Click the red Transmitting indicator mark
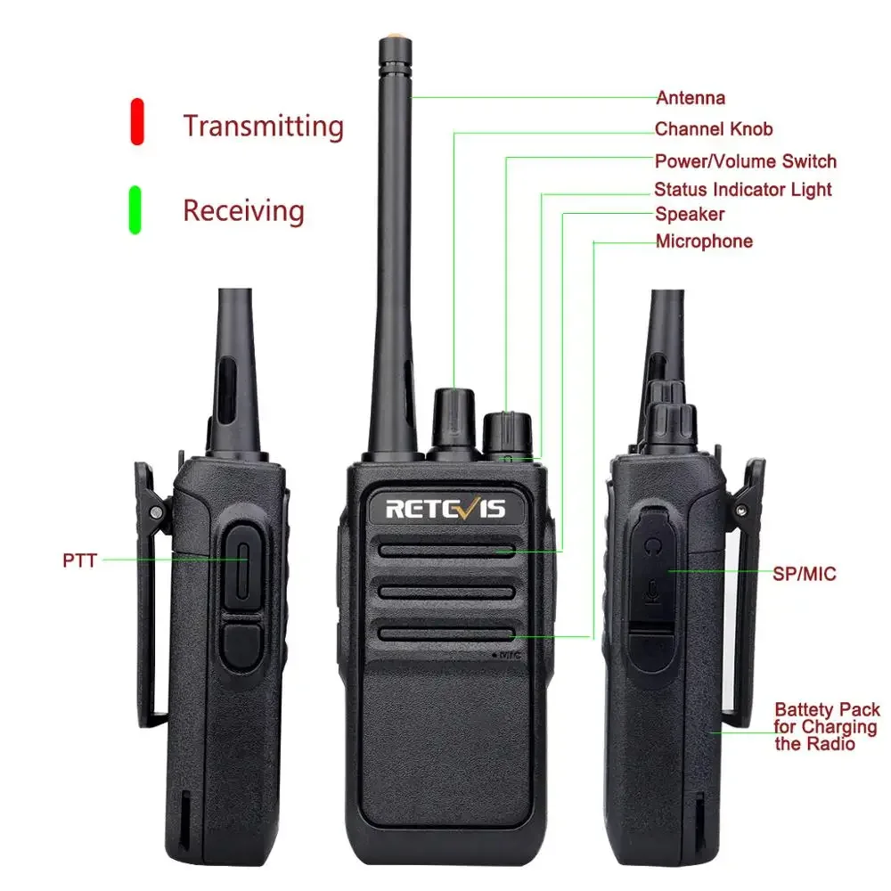(137, 121)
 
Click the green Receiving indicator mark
(135, 209)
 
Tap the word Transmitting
(263, 126)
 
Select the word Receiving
(243, 211)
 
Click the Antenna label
(691, 98)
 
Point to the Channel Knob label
(714, 129)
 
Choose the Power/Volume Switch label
(746, 161)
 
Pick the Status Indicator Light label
(742, 190)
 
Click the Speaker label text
(690, 214)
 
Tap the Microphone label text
(704, 241)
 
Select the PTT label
(79, 560)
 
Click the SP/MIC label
(805, 574)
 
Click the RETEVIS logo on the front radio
(445, 509)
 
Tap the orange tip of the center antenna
(391, 40)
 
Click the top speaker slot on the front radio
(445, 551)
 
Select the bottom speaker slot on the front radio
(445, 633)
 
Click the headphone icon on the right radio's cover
(655, 543)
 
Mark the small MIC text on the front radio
(509, 655)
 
